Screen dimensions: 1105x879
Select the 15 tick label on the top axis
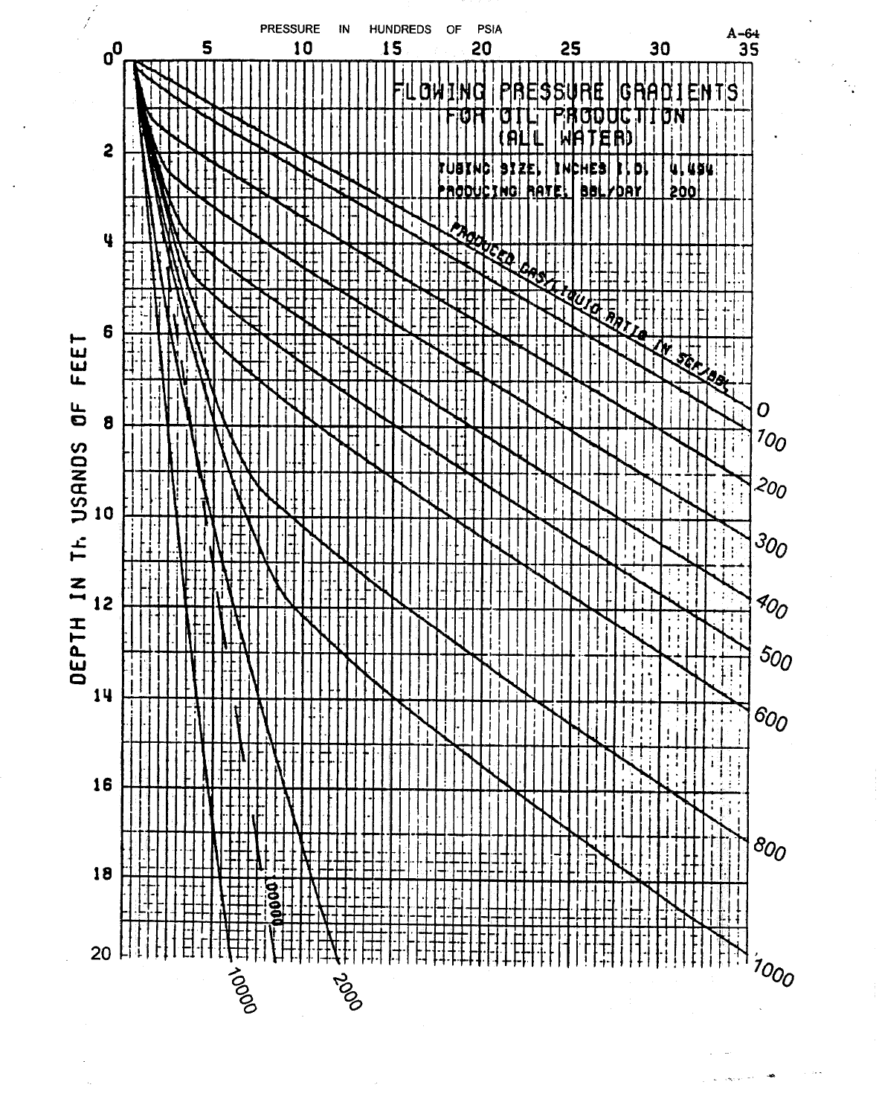click(x=392, y=49)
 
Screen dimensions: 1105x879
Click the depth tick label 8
click(x=108, y=425)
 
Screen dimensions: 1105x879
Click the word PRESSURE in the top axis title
click(x=290, y=30)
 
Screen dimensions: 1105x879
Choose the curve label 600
click(x=771, y=719)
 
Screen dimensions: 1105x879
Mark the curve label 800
click(x=769, y=848)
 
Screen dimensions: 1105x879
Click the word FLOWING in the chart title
click(x=439, y=93)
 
